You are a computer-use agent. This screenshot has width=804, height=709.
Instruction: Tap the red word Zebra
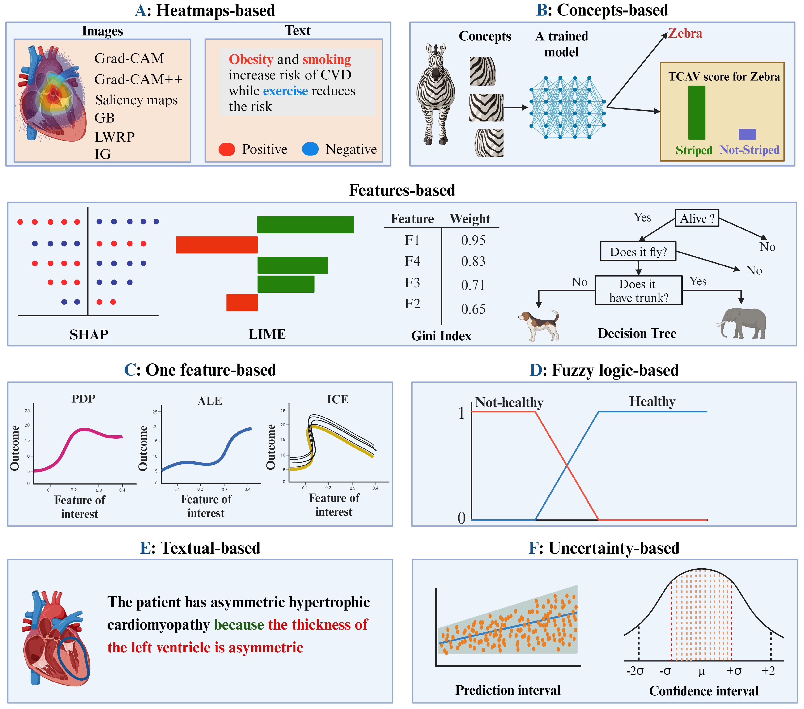[x=685, y=33]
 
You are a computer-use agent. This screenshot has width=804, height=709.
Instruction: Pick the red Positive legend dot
[x=227, y=149]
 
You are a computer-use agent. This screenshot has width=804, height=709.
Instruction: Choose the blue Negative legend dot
[x=310, y=149]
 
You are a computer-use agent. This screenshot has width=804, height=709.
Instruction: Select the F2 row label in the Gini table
[x=412, y=303]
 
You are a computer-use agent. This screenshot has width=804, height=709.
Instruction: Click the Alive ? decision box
[x=697, y=218]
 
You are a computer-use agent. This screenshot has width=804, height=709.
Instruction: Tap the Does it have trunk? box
[x=638, y=291]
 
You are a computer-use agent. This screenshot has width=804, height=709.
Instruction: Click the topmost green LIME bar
[x=305, y=225]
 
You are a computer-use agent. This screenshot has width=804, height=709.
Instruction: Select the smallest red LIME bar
[x=242, y=302]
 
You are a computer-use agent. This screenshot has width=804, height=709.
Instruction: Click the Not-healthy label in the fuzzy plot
[x=509, y=402]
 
